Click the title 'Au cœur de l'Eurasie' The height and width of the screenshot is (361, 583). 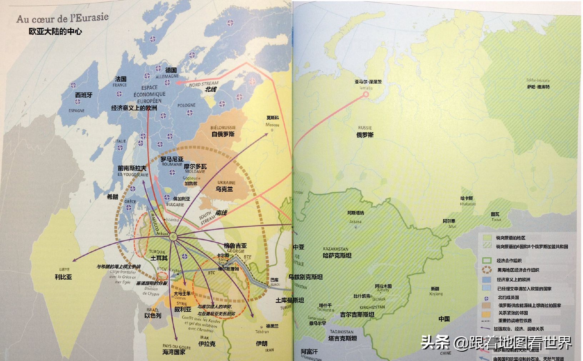click(x=62, y=18)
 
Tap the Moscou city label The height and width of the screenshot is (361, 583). click(x=272, y=125)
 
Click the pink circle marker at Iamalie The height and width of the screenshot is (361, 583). click(x=365, y=94)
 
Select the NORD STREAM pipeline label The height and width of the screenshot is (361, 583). click(x=203, y=84)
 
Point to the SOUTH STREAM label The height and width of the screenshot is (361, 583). click(x=207, y=218)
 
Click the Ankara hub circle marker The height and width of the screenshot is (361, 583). click(x=173, y=237)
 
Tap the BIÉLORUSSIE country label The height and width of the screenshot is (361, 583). click(x=223, y=128)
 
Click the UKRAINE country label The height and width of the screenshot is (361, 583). click(x=226, y=183)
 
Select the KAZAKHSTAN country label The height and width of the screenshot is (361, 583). click(x=335, y=249)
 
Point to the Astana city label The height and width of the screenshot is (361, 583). click(x=355, y=222)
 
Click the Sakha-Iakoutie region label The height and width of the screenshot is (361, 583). click(x=538, y=81)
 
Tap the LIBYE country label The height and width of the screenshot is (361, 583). click(x=64, y=269)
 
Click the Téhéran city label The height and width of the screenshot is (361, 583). click(x=262, y=332)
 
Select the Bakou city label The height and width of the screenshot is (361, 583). click(x=275, y=285)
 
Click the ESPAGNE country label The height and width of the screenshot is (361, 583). click(x=76, y=111)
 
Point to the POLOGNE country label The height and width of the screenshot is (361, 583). click(x=186, y=105)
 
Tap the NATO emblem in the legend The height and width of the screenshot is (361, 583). click(x=487, y=297)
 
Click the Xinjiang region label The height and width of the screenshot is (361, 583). click(x=436, y=294)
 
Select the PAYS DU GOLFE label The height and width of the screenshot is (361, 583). click(x=176, y=346)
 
